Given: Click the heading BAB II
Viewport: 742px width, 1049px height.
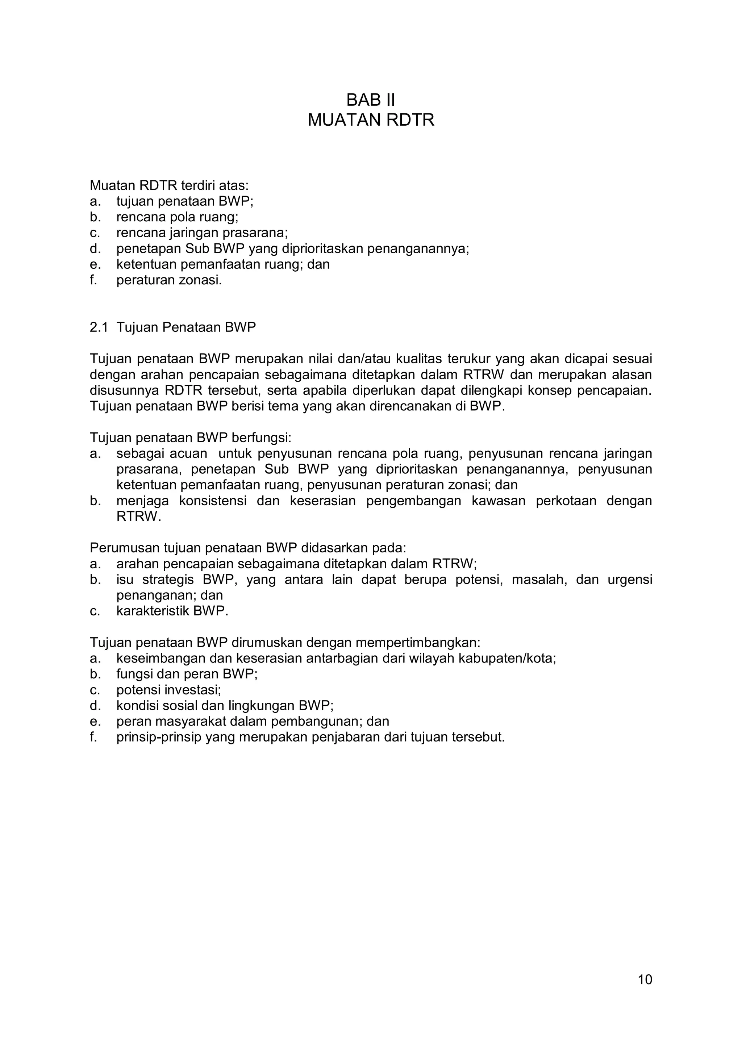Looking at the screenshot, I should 371,100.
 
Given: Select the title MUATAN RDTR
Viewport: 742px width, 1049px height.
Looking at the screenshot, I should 371,120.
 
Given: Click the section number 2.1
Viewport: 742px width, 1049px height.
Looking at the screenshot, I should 99,327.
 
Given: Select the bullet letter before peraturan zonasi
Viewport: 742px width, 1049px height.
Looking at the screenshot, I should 94,280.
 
